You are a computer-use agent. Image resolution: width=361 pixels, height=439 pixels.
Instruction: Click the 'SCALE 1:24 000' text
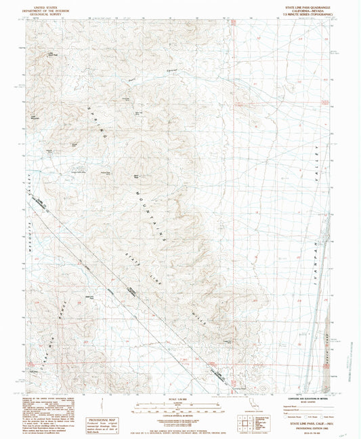[179, 397]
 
